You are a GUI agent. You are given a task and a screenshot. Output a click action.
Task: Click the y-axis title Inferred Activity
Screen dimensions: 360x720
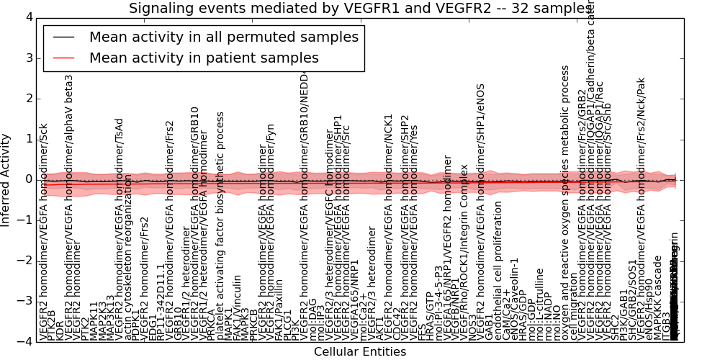pyautogui.click(x=6, y=179)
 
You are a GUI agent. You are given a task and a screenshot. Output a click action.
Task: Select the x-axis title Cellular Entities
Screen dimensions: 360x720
pyautogui.click(x=360, y=352)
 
